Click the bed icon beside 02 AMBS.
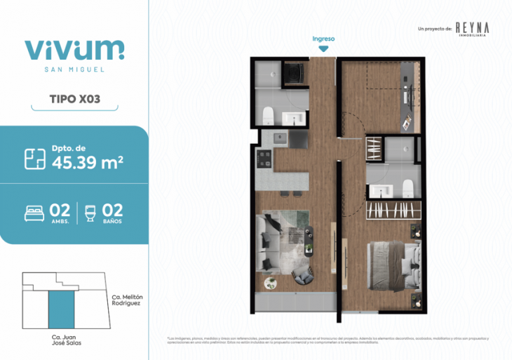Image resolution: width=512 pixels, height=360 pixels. click(34, 212)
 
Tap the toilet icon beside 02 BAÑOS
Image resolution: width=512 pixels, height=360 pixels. click(89, 212)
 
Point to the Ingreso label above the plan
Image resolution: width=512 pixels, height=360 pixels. click(323, 39)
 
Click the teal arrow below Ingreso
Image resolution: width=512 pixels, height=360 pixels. click(323, 48)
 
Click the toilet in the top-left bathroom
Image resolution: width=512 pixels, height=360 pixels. click(267, 115)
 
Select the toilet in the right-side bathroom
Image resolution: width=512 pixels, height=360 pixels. click(406, 187)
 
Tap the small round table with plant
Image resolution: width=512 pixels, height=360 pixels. click(271, 283)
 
